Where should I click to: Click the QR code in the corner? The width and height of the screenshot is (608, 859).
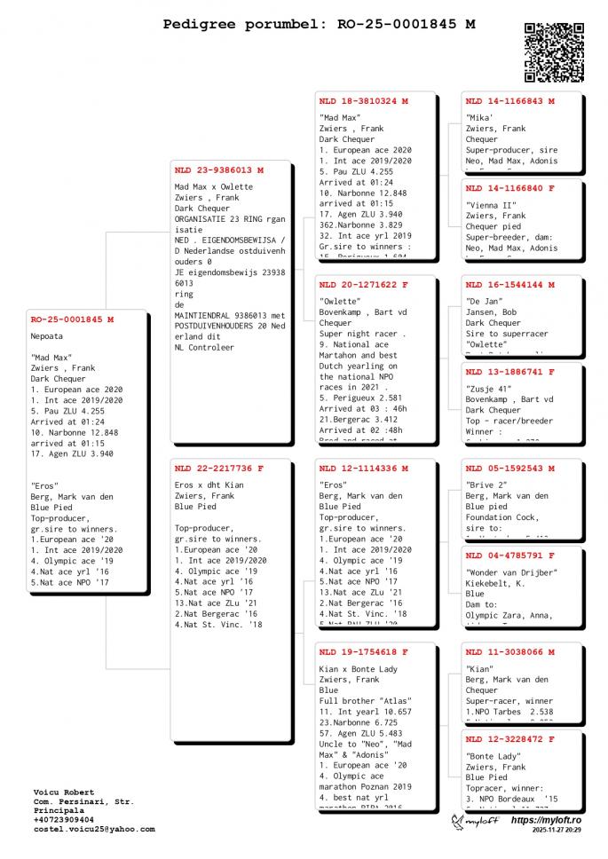click(x=554, y=51)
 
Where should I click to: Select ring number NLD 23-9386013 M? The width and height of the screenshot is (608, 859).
click(x=219, y=170)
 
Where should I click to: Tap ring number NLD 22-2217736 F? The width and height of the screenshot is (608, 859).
click(x=219, y=468)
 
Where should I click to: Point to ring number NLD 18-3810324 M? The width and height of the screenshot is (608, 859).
click(x=363, y=101)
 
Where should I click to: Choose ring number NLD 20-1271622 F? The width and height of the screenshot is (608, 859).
click(x=363, y=286)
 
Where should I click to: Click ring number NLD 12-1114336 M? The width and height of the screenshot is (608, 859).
click(x=363, y=468)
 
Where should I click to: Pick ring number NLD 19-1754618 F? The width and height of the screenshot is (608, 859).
click(x=363, y=652)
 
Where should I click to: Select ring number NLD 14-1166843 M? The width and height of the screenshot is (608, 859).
click(x=510, y=101)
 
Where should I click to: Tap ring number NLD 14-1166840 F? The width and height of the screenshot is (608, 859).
click(x=510, y=188)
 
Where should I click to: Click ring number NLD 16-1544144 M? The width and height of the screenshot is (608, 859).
click(x=510, y=286)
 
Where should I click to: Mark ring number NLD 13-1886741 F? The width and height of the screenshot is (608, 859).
click(x=510, y=372)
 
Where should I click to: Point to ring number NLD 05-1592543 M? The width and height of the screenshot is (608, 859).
click(x=510, y=468)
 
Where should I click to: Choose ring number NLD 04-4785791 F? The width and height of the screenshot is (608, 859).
click(x=510, y=555)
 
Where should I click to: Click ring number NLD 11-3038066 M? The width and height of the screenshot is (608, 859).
click(x=510, y=652)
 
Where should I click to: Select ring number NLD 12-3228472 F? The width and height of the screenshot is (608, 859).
click(x=510, y=738)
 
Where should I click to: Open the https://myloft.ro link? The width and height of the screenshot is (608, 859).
click(x=546, y=820)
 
